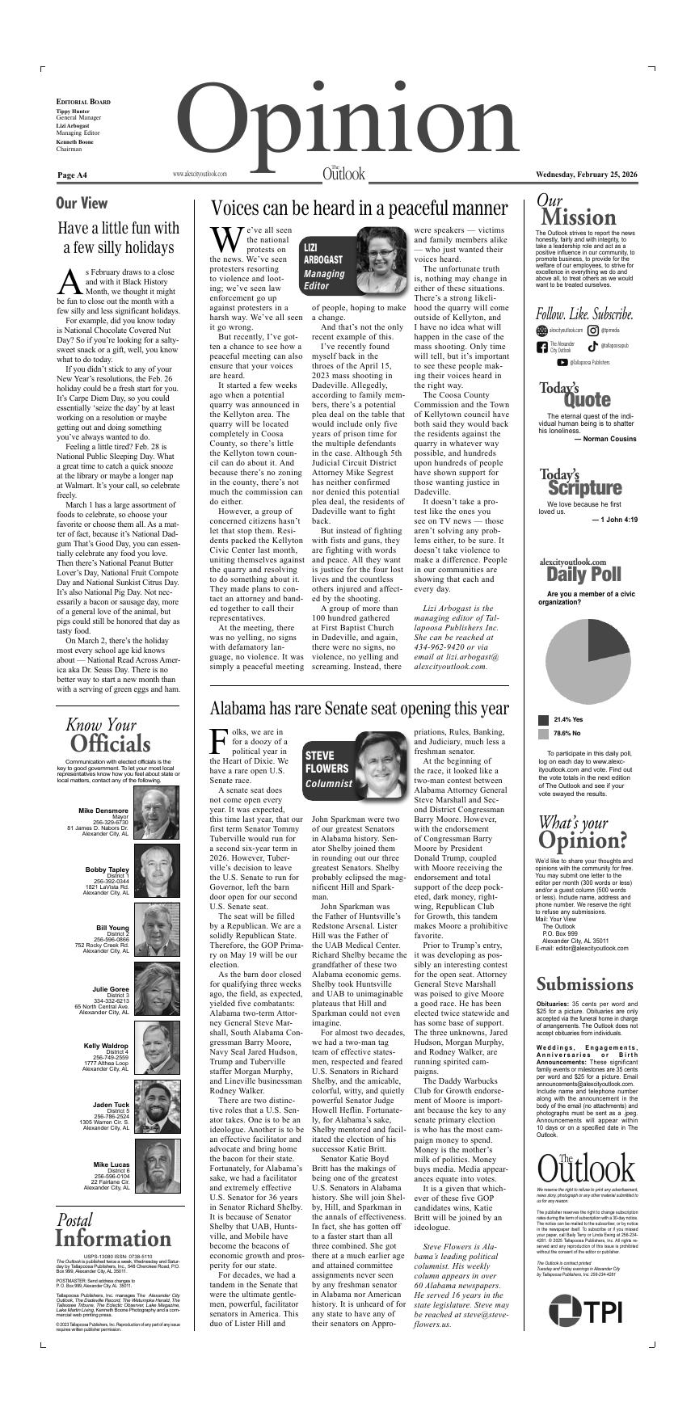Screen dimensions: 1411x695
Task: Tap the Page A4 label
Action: pos(73,175)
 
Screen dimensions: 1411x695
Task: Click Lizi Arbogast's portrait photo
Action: pos(380,259)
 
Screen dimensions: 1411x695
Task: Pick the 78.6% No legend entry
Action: pos(567,733)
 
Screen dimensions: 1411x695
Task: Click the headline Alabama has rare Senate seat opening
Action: pos(359,708)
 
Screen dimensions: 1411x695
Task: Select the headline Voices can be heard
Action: pos(359,208)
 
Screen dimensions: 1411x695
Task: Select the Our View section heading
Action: pos(82,203)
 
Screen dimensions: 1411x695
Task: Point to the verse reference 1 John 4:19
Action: pos(614,520)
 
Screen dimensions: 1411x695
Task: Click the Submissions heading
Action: pos(585,984)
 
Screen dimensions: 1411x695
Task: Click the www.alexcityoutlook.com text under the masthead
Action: pos(200,174)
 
